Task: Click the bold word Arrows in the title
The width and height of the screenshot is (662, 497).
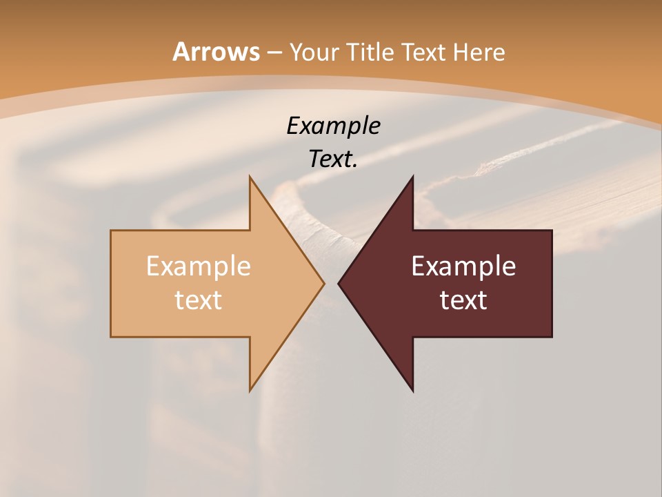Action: [x=216, y=52]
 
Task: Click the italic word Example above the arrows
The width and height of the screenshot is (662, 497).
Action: [x=334, y=126]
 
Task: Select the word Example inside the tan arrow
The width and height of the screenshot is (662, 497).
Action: [x=198, y=266]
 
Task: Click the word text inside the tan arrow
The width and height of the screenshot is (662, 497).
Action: [x=198, y=300]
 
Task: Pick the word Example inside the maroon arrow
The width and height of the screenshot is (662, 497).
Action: [x=463, y=266]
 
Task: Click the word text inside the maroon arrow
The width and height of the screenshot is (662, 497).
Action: [x=463, y=300]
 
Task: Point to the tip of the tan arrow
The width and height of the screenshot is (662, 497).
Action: [x=323, y=283]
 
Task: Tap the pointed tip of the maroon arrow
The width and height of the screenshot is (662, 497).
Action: [x=339, y=283]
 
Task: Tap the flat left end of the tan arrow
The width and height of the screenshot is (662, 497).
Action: [x=112, y=283]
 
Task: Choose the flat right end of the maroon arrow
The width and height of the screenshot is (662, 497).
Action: [x=551, y=283]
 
